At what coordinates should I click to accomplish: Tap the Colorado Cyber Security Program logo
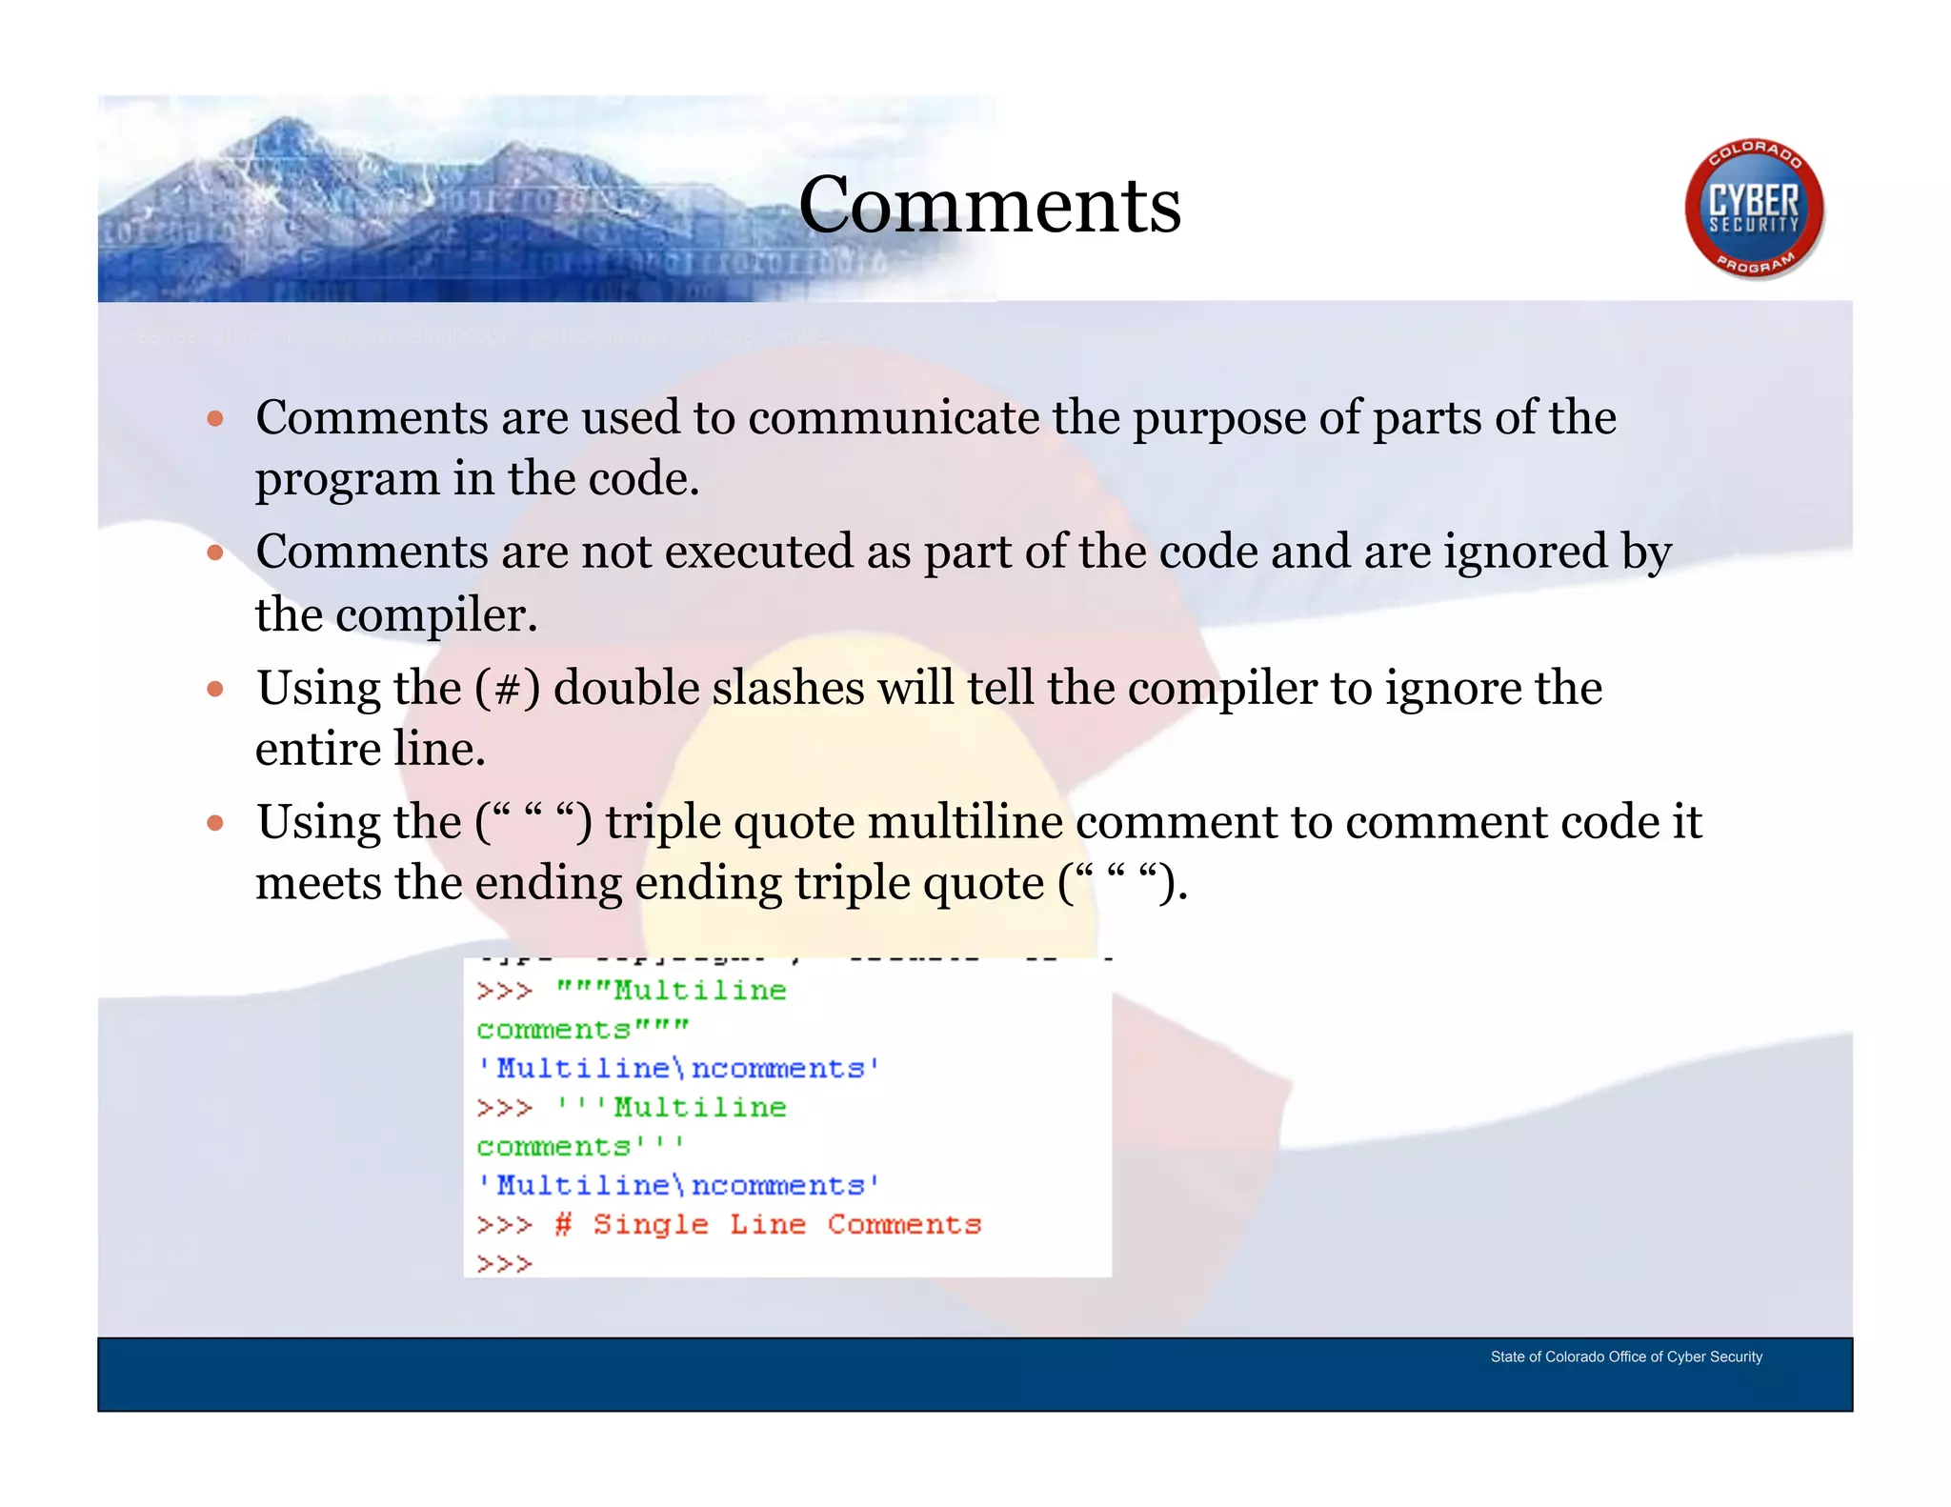pos(1753,209)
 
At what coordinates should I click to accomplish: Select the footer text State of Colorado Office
pos(1625,1356)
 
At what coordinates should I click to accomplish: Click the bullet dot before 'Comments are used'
pos(215,418)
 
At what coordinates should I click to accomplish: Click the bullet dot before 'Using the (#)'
pos(215,688)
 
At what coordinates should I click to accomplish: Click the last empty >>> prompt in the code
pos(504,1263)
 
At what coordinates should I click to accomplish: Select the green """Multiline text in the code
pos(672,991)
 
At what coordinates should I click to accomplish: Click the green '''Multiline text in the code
pos(672,1107)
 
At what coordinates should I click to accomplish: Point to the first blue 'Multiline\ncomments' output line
pos(678,1068)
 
